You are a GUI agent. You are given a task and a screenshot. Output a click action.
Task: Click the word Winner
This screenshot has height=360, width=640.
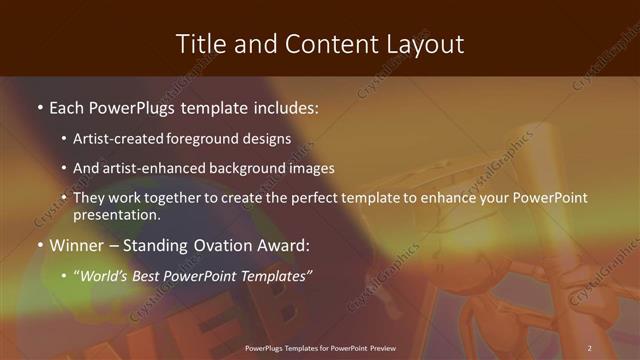click(77, 244)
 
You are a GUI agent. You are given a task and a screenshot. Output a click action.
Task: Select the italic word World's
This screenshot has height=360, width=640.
click(107, 275)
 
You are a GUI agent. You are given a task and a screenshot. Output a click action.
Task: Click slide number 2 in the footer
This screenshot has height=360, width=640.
click(589, 347)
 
